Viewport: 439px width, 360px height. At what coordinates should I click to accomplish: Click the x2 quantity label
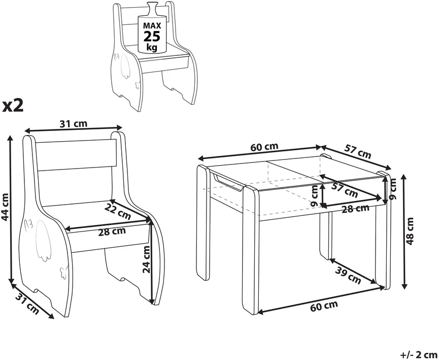(13, 105)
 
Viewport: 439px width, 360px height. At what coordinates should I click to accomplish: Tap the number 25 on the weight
(152, 37)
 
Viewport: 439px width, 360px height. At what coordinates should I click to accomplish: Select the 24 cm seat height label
(147, 259)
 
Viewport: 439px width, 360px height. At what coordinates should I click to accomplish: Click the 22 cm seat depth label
(118, 211)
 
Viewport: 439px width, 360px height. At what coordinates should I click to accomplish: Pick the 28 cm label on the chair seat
(112, 232)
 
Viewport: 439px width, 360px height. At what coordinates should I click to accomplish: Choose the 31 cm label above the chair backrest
(74, 123)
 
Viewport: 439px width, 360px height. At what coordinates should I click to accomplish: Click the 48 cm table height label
(410, 231)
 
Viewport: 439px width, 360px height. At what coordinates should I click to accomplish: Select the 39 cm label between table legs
(348, 275)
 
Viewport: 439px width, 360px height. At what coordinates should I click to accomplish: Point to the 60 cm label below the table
(324, 306)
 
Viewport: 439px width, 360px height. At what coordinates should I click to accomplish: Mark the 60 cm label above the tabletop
(264, 147)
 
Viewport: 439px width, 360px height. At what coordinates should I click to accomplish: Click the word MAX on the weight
(152, 26)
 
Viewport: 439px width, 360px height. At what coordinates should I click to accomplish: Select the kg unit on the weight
(152, 47)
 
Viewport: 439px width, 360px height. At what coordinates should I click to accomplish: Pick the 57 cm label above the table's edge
(357, 151)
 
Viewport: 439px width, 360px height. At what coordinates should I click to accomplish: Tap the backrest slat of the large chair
(76, 155)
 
